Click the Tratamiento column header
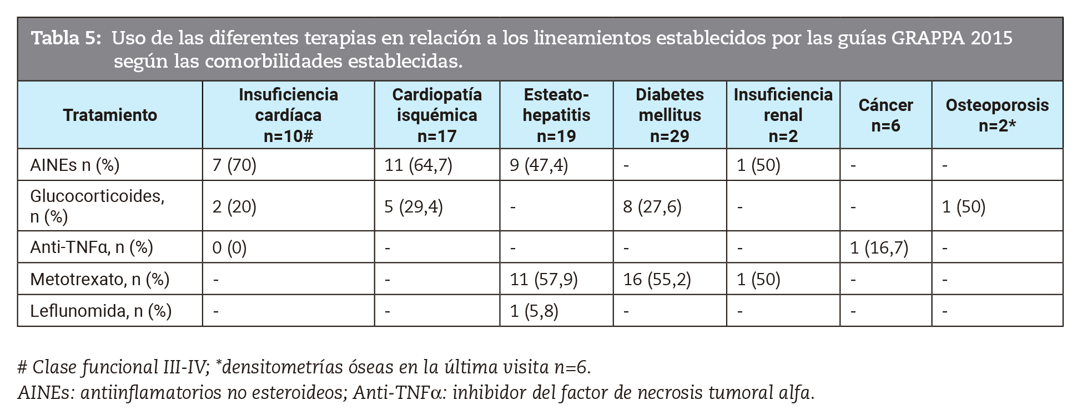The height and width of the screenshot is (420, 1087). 110,115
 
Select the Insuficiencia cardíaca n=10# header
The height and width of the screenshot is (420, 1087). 288,115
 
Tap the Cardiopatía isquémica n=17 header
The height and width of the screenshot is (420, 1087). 437,115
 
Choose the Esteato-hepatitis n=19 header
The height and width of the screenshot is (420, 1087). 556,115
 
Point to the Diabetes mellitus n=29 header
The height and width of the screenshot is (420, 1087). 670,115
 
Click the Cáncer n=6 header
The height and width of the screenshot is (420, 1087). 885,115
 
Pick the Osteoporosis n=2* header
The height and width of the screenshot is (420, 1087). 997,115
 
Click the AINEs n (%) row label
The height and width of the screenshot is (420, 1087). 75,165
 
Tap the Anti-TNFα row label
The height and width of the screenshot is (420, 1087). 92,247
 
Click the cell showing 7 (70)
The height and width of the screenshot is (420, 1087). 234,165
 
